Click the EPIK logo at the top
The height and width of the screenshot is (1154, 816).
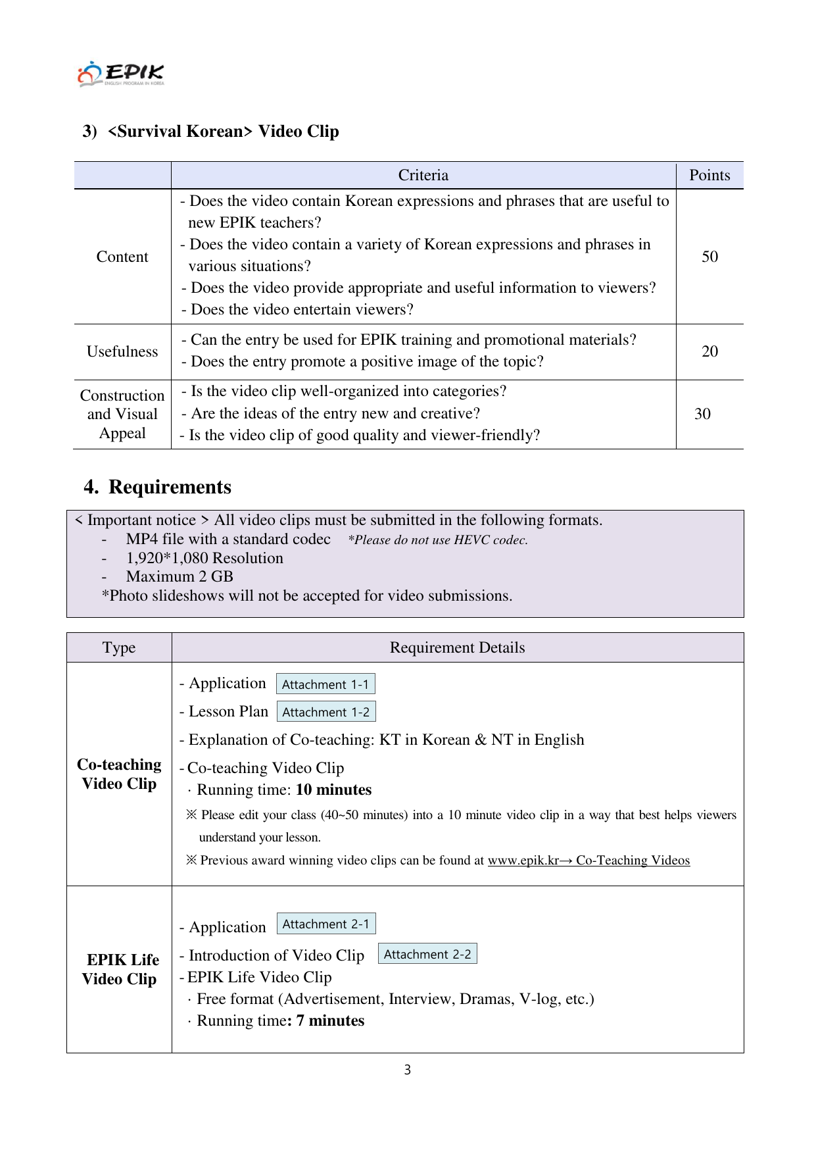pos(121,74)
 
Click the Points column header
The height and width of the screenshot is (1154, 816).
pos(709,175)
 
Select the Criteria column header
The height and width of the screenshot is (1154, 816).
pos(423,175)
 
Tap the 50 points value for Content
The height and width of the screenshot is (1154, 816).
pos(709,257)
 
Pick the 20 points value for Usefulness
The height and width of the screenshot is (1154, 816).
pos(709,351)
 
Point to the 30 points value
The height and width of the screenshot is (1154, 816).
pos(702,414)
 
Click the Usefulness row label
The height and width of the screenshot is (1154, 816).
pos(122,351)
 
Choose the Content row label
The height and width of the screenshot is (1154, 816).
pos(122,257)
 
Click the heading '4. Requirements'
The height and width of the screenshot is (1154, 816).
pos(157,487)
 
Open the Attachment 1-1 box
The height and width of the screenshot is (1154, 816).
pos(325,684)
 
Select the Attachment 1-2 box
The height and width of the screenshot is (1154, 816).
pos(326,712)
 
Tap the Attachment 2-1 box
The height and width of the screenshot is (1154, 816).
pos(326,924)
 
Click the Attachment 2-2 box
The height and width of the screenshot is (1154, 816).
pos(427,954)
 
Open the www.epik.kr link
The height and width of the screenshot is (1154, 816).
pos(523,861)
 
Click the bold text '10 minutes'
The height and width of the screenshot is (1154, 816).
pos(333,790)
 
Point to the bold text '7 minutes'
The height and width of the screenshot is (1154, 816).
pos(330,1020)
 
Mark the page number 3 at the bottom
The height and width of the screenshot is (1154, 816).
pos(408,1070)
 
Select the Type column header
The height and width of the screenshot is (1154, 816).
pos(119,647)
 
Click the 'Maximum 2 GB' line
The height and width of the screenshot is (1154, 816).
pos(180,576)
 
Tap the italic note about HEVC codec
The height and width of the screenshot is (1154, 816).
pos(438,540)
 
